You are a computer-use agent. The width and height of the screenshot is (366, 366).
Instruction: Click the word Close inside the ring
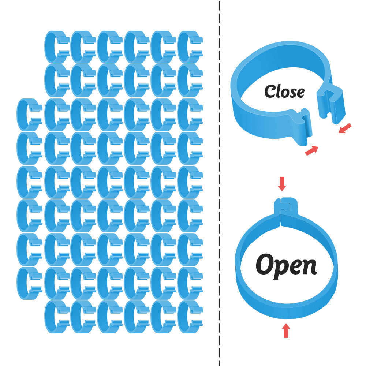284,91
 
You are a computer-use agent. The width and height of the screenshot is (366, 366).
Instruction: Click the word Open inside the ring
286,265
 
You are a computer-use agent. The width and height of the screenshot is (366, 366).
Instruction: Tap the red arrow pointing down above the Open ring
281,184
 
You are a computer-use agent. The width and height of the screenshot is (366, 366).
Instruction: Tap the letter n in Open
310,267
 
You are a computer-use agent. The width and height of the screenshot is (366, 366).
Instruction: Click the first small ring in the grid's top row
57,47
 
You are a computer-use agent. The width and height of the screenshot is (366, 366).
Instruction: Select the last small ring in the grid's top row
190,47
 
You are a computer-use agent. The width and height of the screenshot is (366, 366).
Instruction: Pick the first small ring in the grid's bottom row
57,317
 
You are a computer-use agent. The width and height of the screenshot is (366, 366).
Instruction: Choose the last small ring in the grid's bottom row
190,317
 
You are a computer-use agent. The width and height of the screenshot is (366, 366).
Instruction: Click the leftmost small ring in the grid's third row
29,115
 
